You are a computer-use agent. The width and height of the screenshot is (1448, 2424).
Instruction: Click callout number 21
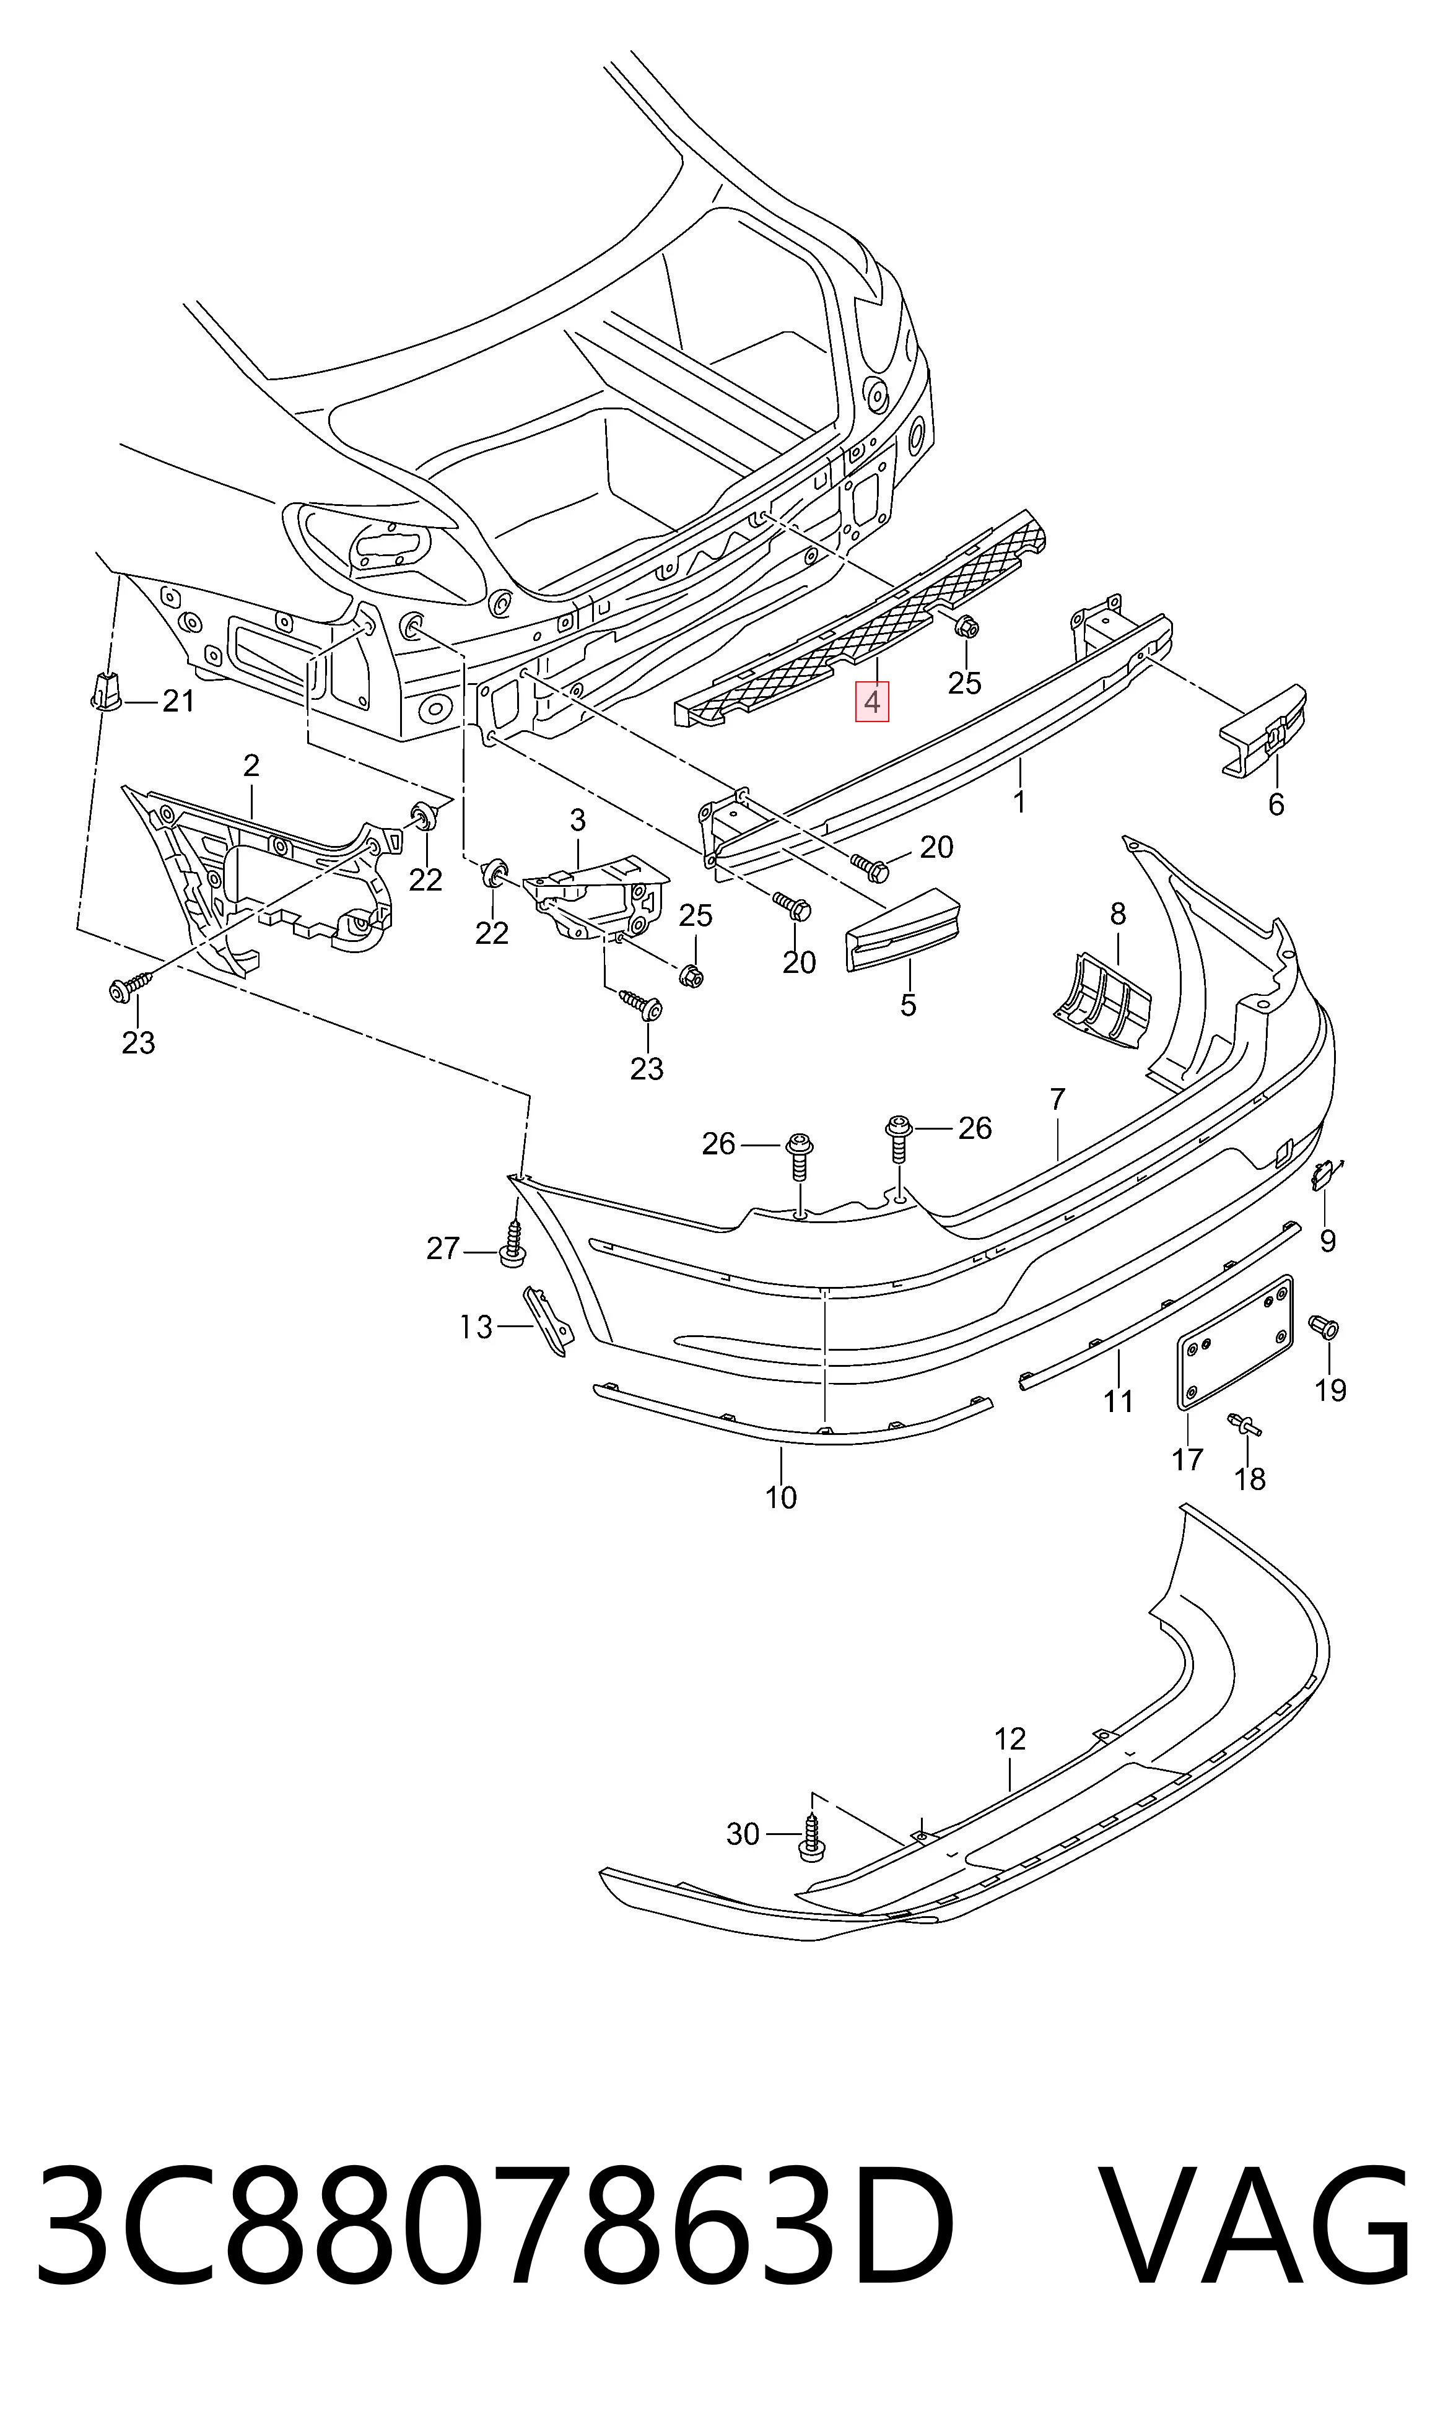[x=178, y=700]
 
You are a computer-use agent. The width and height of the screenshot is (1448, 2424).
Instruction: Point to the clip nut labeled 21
[x=105, y=692]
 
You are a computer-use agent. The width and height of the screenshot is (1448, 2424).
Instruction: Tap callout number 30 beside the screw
[x=743, y=1835]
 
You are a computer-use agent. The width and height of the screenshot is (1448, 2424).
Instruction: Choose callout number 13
[x=476, y=1328]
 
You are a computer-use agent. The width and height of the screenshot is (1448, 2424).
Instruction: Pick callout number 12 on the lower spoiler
[x=1010, y=1739]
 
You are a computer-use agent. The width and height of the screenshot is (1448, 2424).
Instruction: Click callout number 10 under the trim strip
[x=780, y=1498]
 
